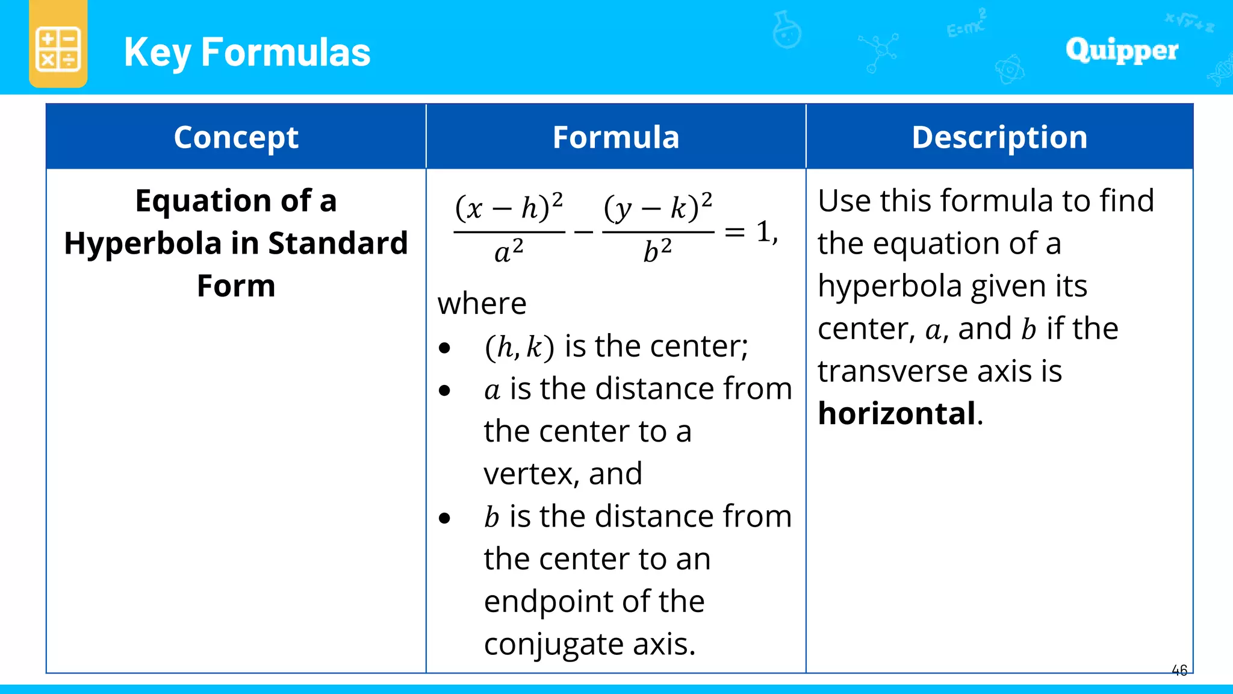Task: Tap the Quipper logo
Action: [1122, 50]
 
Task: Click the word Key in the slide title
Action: [158, 52]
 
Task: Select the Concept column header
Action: [236, 137]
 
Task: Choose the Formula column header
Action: [616, 137]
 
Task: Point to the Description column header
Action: [999, 137]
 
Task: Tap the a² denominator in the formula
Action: [509, 251]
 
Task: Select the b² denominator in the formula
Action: [657, 251]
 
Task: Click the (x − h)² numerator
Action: [509, 207]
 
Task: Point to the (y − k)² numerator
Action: [658, 207]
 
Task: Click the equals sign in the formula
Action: [735, 232]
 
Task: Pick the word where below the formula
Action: [482, 303]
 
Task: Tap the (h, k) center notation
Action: [519, 346]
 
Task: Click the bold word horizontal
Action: [896, 413]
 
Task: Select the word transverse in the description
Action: [893, 371]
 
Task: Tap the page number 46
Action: [1179, 670]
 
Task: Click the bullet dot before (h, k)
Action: [445, 348]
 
